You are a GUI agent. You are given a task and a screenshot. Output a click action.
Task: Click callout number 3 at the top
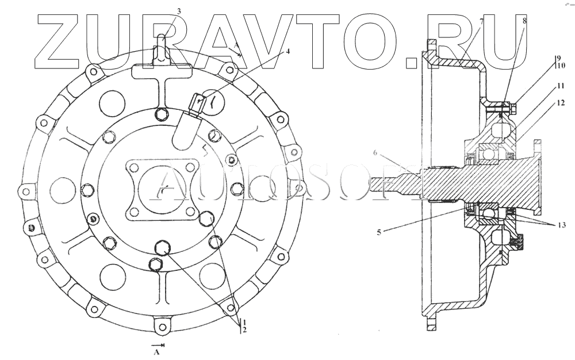point(163,12)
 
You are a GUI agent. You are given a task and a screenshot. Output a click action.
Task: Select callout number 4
point(289,51)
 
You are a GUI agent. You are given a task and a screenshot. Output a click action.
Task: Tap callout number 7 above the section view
point(481,21)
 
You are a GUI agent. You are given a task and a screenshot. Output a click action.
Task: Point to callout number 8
point(524,21)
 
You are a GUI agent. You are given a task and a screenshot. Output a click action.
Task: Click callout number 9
point(557,59)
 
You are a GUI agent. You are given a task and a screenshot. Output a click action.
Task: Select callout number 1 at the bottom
point(243,321)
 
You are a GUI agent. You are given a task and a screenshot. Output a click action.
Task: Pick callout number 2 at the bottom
point(243,329)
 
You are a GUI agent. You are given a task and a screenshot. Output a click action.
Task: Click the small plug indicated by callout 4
point(197,105)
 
